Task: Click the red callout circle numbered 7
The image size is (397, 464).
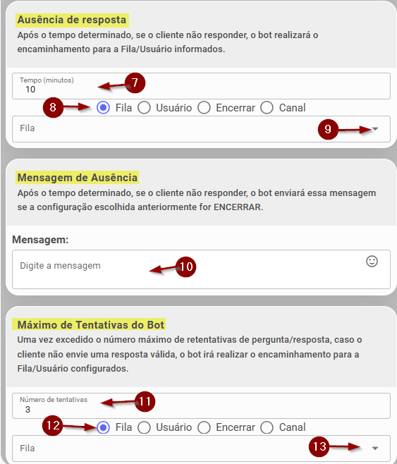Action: tap(135, 83)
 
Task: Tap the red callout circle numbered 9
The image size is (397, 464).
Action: tap(328, 129)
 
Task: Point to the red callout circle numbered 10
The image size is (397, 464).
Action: tap(185, 267)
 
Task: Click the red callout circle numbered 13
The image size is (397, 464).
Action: tap(319, 446)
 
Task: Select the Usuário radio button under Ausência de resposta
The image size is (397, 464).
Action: tap(144, 108)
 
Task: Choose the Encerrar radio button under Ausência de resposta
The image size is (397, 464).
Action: tap(204, 108)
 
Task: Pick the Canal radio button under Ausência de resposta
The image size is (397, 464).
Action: tap(267, 108)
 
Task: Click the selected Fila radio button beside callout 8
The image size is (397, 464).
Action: tap(103, 108)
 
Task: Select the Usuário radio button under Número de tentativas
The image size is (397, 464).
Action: tap(144, 427)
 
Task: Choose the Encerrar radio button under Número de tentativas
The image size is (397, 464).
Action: tap(204, 427)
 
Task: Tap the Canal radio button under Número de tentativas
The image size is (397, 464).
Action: tap(267, 427)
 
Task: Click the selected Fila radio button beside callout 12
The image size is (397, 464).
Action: tap(103, 427)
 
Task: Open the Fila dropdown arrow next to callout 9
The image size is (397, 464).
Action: tap(375, 129)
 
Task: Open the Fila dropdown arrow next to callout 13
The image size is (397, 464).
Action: tap(375, 448)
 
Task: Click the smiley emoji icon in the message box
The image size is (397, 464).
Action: tap(372, 262)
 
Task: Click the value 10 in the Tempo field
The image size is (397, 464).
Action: tap(30, 90)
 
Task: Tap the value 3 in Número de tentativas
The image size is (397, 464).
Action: tap(28, 410)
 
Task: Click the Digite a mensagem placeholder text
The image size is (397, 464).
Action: tap(60, 266)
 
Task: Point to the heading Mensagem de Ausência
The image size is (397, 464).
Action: tap(77, 178)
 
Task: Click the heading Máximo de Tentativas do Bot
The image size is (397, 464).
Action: tap(90, 325)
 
